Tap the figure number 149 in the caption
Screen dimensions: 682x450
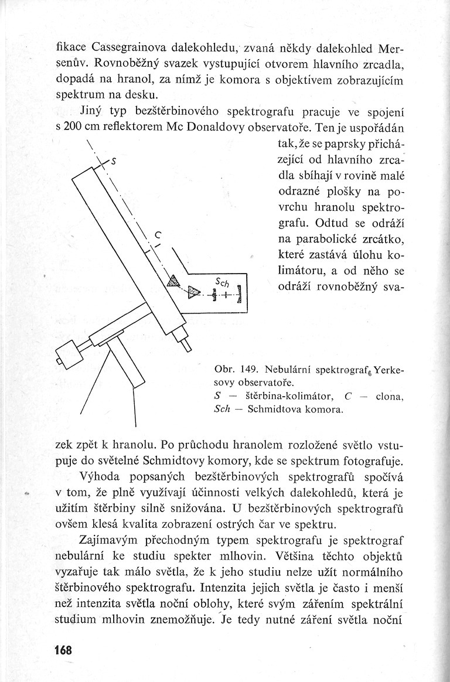[248, 370]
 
